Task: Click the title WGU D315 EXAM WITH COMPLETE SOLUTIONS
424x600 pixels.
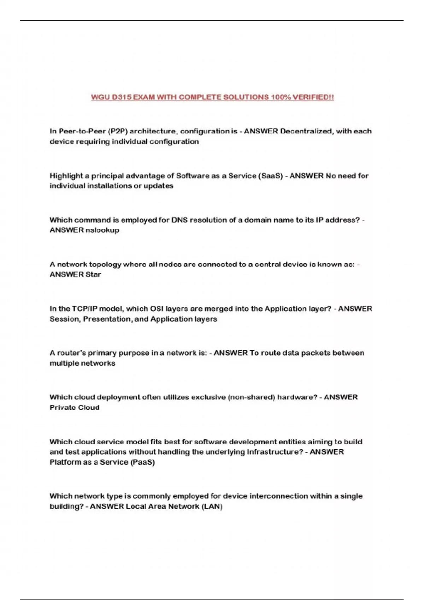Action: coord(212,97)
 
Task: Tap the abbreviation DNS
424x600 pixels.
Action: coord(179,220)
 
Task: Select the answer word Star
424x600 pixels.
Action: coord(93,275)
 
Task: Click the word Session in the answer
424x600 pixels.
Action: coord(65,319)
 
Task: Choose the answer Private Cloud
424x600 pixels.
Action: coord(75,408)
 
